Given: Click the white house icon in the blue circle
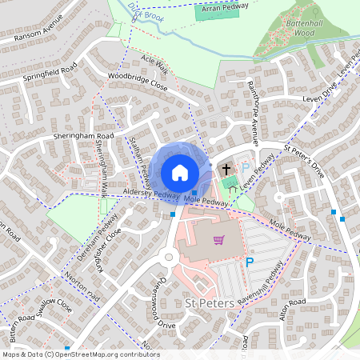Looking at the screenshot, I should click(180, 172).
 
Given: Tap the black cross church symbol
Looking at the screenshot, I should click(226, 169).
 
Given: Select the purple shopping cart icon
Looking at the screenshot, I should click(218, 240).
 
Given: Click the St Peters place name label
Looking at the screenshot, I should click(209, 304).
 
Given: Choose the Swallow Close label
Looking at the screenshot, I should click(49, 307).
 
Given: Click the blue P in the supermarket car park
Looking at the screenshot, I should click(250, 261).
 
